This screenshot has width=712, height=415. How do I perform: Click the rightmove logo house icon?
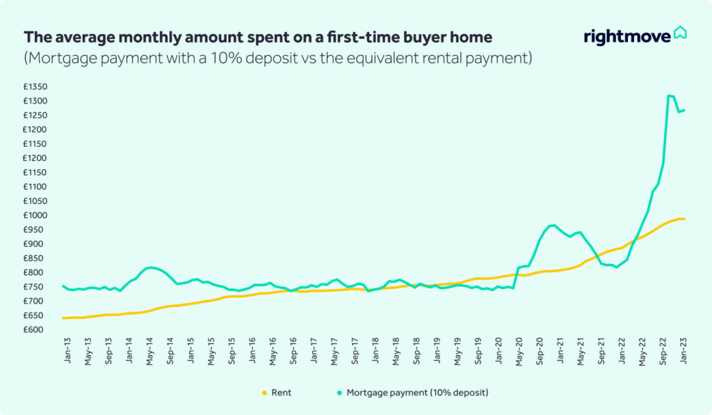(680, 33)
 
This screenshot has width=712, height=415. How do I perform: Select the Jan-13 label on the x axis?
(67, 350)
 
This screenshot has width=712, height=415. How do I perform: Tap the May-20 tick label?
(519, 350)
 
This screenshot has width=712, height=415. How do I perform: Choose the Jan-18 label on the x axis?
(375, 350)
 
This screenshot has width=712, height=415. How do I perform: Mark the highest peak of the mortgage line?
(669, 95)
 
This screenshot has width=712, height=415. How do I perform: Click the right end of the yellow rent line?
(684, 219)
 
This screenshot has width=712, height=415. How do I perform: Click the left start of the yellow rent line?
(63, 318)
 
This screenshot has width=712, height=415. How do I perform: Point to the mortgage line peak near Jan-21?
(553, 225)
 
